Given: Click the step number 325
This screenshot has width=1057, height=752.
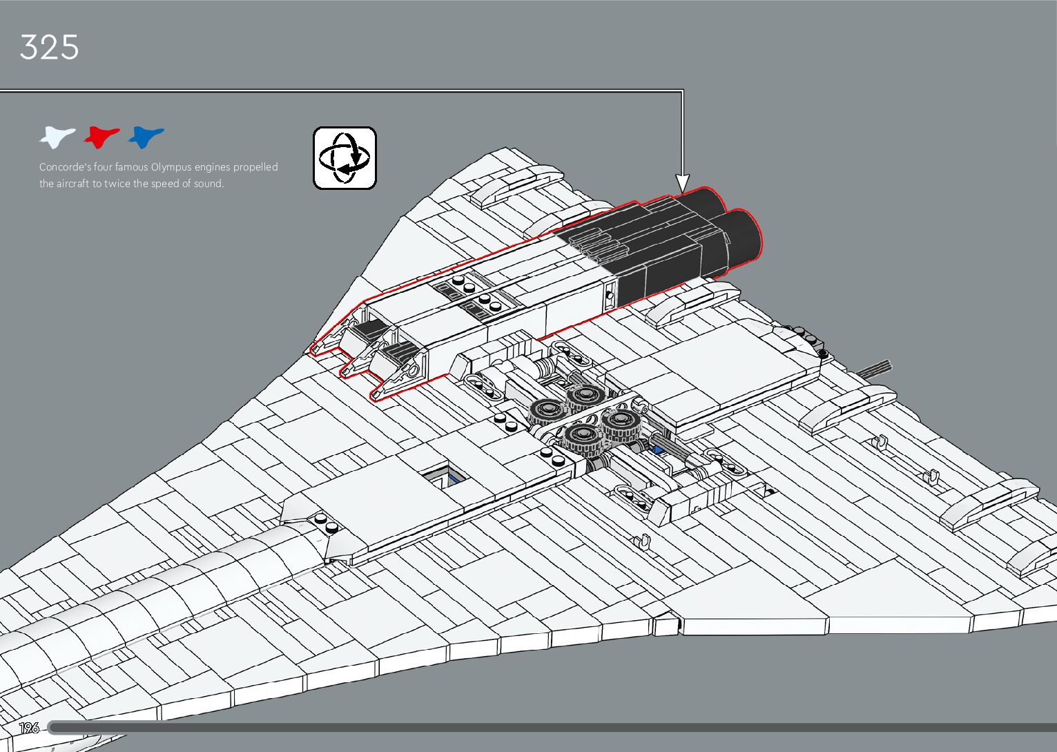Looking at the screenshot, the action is (x=49, y=48).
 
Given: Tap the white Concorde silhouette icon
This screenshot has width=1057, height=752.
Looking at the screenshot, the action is (x=57, y=137).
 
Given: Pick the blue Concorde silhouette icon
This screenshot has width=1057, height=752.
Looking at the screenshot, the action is (x=146, y=137).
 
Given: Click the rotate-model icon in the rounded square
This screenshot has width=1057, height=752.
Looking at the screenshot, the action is (x=345, y=157).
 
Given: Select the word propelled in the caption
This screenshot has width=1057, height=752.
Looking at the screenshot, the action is (x=255, y=167).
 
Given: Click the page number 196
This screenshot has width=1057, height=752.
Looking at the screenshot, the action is (x=29, y=728).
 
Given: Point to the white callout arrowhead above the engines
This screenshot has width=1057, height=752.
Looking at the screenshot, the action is (x=682, y=183).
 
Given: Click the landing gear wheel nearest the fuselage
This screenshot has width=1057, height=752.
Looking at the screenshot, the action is (x=581, y=436).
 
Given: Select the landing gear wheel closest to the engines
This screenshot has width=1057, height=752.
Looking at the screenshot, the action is (x=585, y=396).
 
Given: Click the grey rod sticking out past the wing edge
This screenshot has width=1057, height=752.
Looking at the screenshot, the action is (x=873, y=367).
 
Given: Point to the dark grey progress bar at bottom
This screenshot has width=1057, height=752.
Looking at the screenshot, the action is (x=552, y=728).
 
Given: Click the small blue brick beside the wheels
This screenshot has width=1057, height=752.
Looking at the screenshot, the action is (x=657, y=450).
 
